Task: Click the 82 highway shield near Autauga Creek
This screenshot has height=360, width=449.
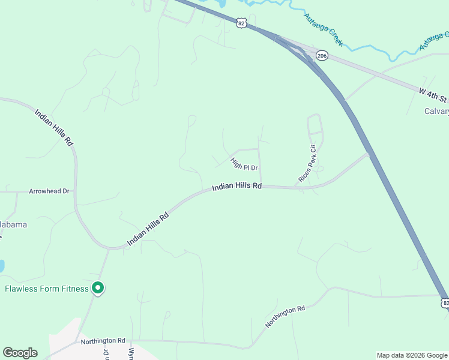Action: [241, 23]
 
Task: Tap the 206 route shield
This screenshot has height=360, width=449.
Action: [322, 56]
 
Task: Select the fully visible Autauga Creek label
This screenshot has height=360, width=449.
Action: [323, 30]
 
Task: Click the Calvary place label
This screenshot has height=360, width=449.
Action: [436, 111]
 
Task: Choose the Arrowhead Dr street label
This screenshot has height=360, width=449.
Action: [49, 191]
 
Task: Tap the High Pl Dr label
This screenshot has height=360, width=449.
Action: [244, 164]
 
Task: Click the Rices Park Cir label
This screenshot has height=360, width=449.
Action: [307, 164]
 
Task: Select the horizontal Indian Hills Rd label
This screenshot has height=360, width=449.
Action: [237, 187]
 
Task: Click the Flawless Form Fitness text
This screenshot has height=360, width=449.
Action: [47, 289]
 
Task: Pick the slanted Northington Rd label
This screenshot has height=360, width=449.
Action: [285, 317]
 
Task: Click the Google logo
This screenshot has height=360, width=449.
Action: [20, 353]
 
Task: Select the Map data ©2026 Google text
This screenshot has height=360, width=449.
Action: [412, 355]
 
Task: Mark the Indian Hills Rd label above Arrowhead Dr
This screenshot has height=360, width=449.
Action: [53, 128]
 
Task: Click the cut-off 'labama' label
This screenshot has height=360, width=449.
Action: [13, 224]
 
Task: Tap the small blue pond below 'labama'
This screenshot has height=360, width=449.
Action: [1, 266]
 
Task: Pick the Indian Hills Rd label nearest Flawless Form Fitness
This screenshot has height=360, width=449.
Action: [147, 229]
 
